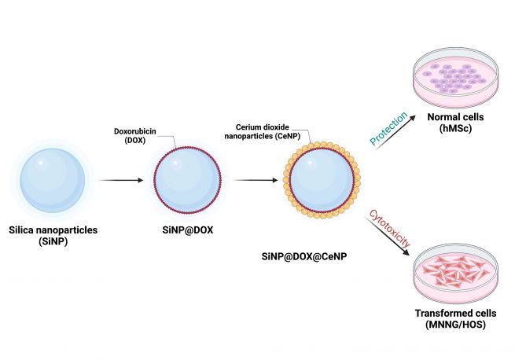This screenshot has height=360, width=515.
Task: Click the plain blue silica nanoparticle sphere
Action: coord(53,180)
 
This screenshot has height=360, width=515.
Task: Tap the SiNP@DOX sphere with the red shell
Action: coord(188,180)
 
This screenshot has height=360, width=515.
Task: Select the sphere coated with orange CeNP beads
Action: coord(322,180)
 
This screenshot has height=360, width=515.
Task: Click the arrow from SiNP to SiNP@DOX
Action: coord(121,180)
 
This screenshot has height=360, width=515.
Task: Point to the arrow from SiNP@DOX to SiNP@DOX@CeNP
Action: coord(256,180)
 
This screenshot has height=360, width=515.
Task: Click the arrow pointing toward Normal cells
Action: coord(395,132)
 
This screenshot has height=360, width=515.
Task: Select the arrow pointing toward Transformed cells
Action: coord(388,236)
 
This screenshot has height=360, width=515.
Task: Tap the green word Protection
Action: coord(388,128)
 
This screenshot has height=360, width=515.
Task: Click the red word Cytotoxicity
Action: coord(390,229)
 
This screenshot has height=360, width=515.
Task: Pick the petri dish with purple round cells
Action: coord(455,78)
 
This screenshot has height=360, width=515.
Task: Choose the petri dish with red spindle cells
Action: coord(455,273)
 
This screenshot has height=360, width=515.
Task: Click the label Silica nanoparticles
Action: coord(53,230)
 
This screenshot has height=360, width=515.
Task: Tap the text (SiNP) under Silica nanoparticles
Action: coord(53,241)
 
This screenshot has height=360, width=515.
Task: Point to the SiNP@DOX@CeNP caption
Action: coord(304,256)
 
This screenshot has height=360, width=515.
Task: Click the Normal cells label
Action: coord(455,117)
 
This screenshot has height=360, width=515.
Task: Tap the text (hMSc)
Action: coord(455,128)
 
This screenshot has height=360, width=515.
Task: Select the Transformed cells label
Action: coord(455,313)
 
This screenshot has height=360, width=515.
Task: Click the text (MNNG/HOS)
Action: coord(455,325)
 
